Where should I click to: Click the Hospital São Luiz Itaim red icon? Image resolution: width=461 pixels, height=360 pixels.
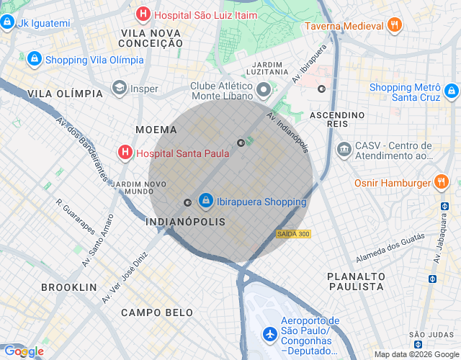point(143,13)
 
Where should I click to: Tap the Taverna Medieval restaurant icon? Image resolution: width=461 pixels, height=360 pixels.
point(394,25)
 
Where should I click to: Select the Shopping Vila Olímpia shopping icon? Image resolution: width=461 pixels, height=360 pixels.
point(34,59)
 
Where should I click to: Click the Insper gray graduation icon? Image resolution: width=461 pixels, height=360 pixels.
point(120,89)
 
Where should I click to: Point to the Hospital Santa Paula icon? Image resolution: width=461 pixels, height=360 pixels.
point(125,153)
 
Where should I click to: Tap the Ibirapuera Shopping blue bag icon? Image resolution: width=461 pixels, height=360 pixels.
point(205,199)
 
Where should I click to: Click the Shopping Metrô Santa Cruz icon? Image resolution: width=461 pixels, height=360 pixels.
point(451,91)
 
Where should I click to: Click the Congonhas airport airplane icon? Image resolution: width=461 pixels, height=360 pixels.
point(269,334)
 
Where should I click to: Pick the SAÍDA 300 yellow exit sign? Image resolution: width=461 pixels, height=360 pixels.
point(293,234)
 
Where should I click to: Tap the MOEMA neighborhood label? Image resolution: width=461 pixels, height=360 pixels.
point(156,130)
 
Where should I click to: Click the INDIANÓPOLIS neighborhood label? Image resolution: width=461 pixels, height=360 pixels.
point(186,222)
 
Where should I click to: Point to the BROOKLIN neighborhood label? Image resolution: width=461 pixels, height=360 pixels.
point(68,287)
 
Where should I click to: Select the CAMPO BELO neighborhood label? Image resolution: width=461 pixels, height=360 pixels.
point(157,312)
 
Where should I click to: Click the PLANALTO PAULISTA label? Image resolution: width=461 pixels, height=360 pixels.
point(355,281)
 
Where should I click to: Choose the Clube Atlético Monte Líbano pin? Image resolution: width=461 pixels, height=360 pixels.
point(264,91)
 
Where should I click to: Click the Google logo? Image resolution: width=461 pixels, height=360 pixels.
point(24,351)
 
